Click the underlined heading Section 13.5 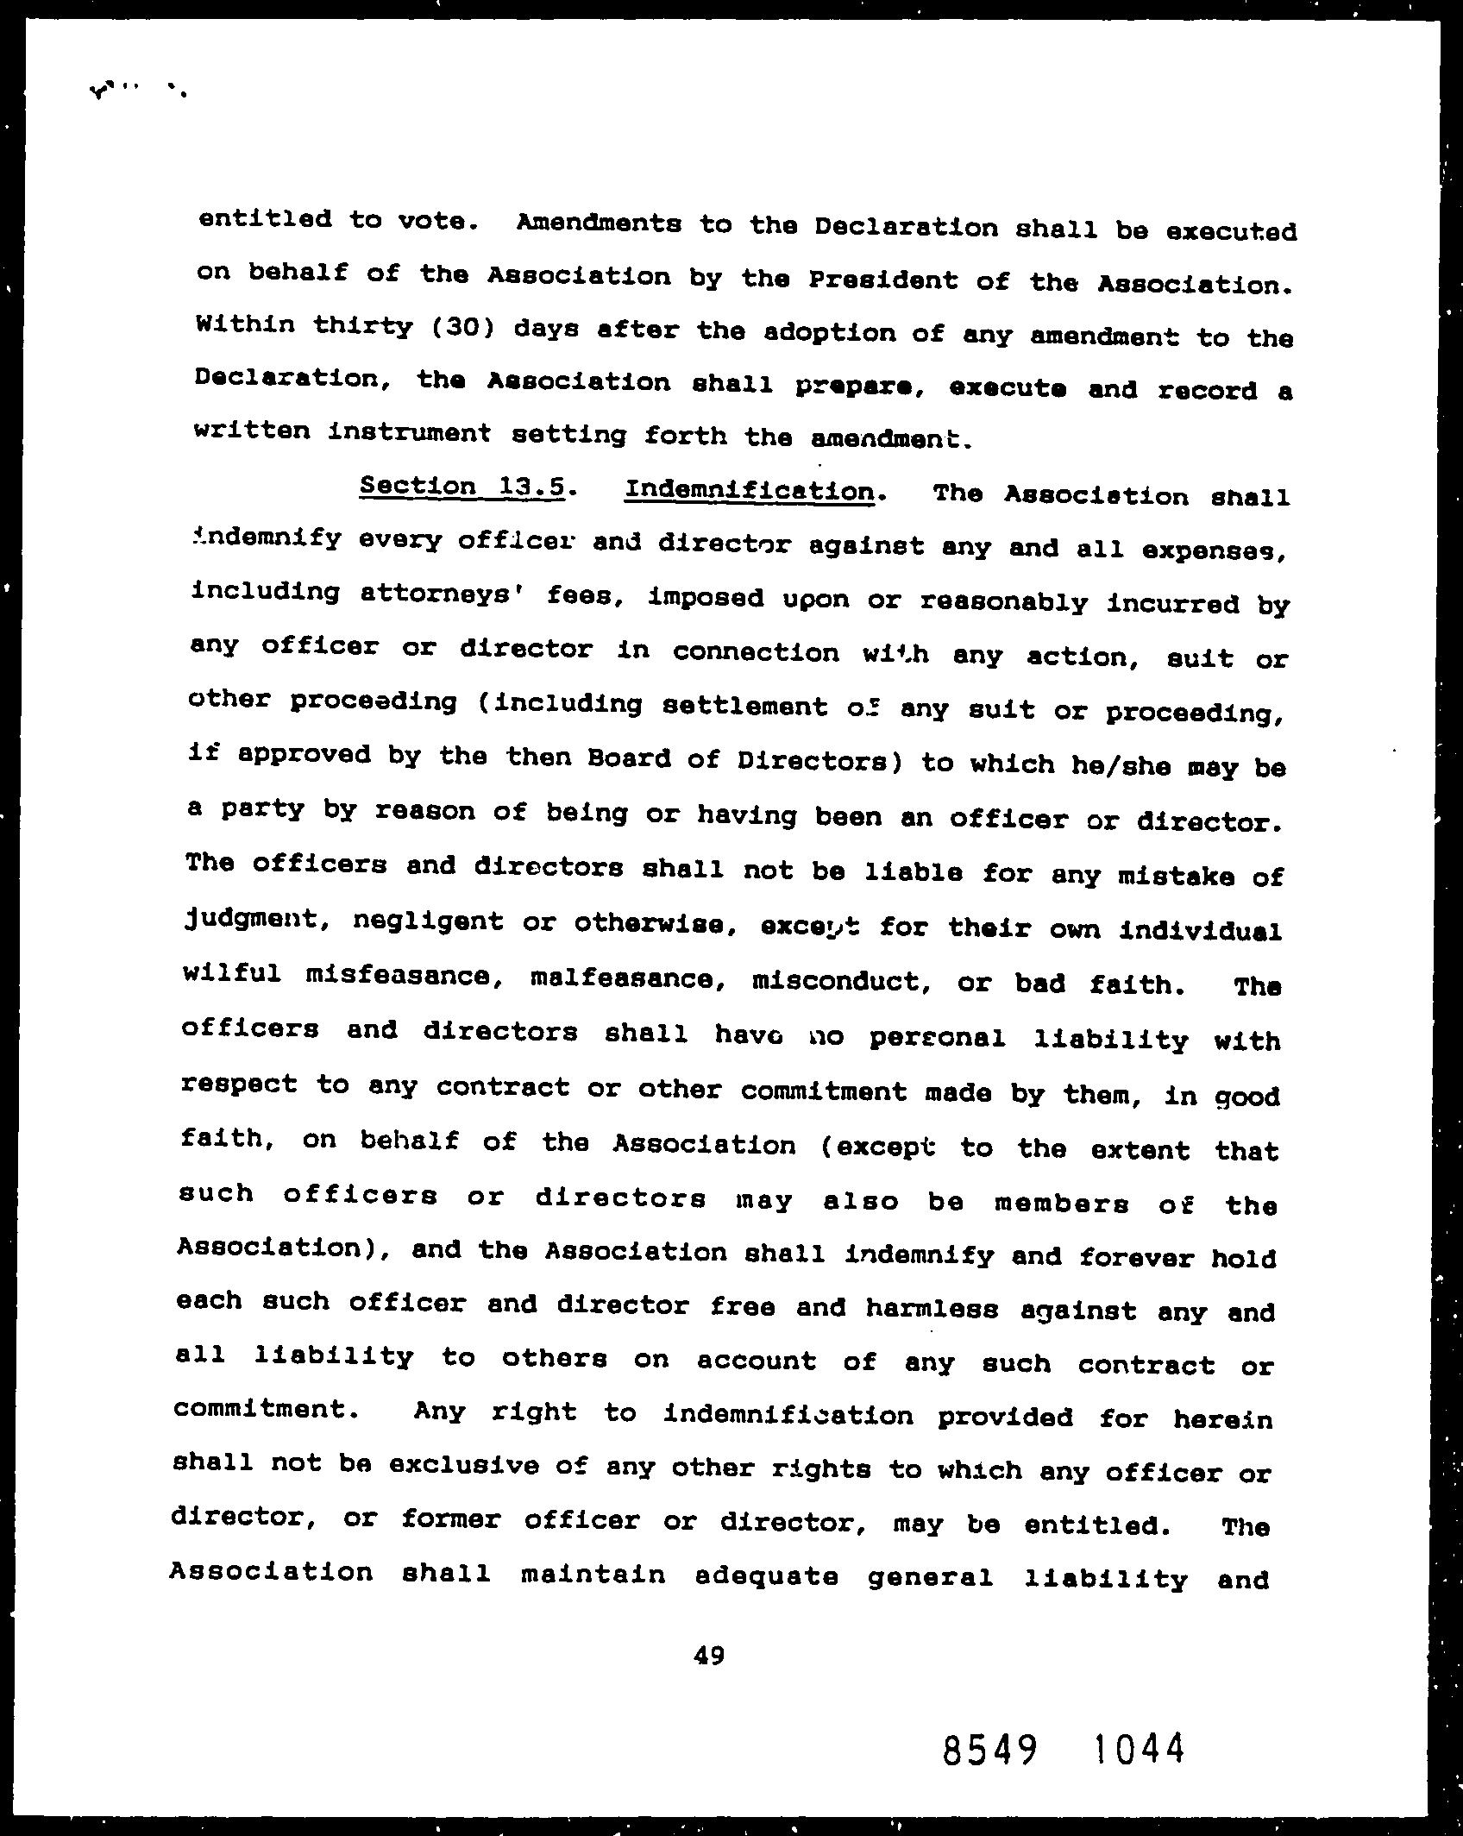[462, 487]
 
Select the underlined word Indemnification [748, 492]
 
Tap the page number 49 [708, 1655]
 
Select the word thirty [362, 327]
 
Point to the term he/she [1120, 766]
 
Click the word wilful [232, 973]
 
